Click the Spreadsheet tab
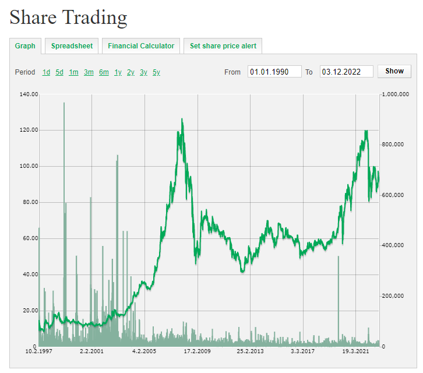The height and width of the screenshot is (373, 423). (x=72, y=46)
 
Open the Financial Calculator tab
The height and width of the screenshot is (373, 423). (x=141, y=46)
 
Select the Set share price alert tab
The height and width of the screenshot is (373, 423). (x=223, y=46)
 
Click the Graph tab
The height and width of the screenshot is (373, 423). (x=25, y=46)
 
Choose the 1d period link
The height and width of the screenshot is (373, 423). (x=46, y=72)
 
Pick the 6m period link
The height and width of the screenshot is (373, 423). (x=104, y=72)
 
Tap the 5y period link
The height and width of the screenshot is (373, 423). (x=156, y=72)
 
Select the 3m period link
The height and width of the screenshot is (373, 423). (x=89, y=72)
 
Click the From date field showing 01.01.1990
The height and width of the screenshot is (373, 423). (x=274, y=72)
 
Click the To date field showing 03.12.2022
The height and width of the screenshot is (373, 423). (x=346, y=72)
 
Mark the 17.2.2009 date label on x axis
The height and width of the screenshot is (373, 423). (x=197, y=351)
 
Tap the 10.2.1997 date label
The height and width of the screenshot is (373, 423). (x=38, y=351)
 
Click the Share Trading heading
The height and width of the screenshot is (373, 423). (x=68, y=17)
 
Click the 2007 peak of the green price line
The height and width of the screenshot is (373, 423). (x=182, y=119)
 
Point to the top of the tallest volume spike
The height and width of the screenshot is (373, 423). (x=64, y=103)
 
